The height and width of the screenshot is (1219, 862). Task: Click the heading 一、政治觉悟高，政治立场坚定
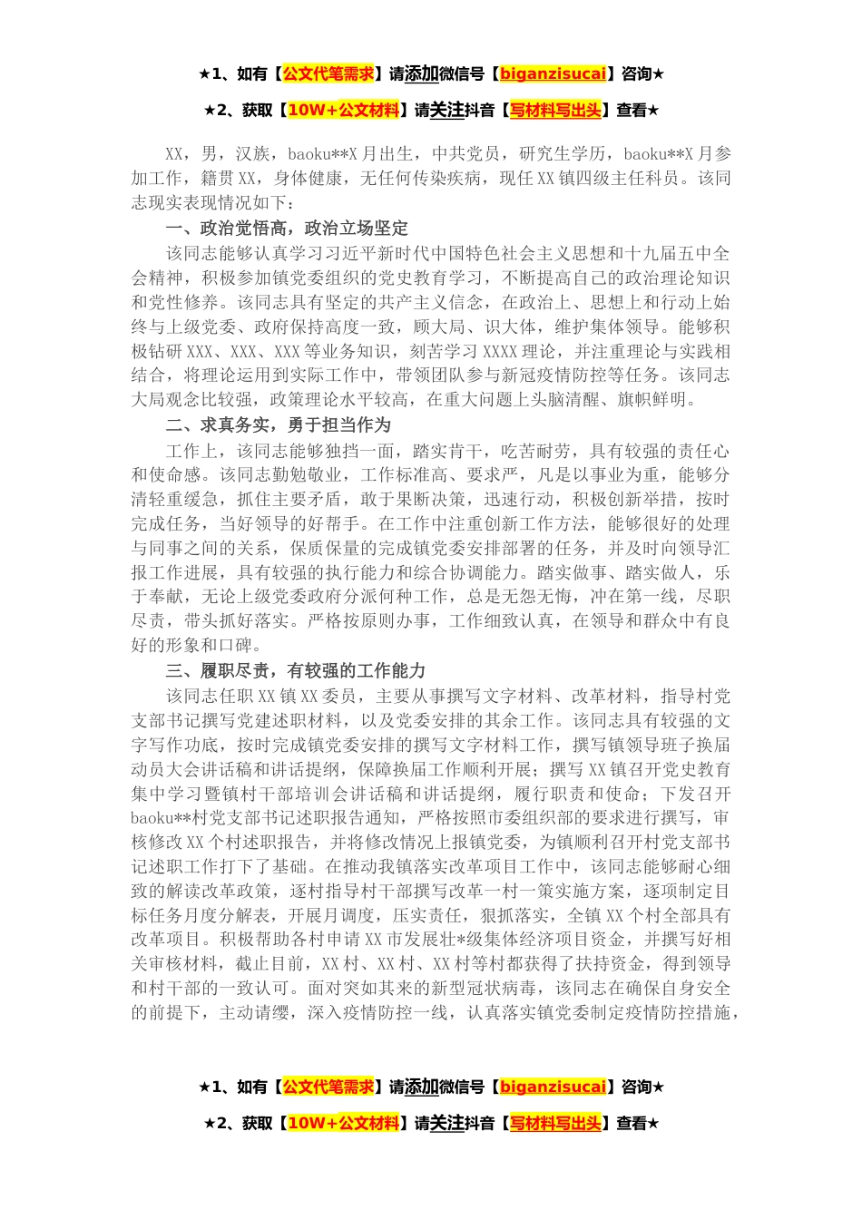point(287,228)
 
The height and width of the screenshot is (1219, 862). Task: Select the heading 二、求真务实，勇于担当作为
point(278,424)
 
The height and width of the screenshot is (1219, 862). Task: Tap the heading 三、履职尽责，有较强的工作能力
point(295,670)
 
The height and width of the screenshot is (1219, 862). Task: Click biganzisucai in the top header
point(553,73)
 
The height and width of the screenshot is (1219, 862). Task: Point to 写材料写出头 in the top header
point(555,110)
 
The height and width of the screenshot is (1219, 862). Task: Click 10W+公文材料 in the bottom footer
point(343,1123)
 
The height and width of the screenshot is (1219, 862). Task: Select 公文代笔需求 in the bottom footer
point(328,1087)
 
